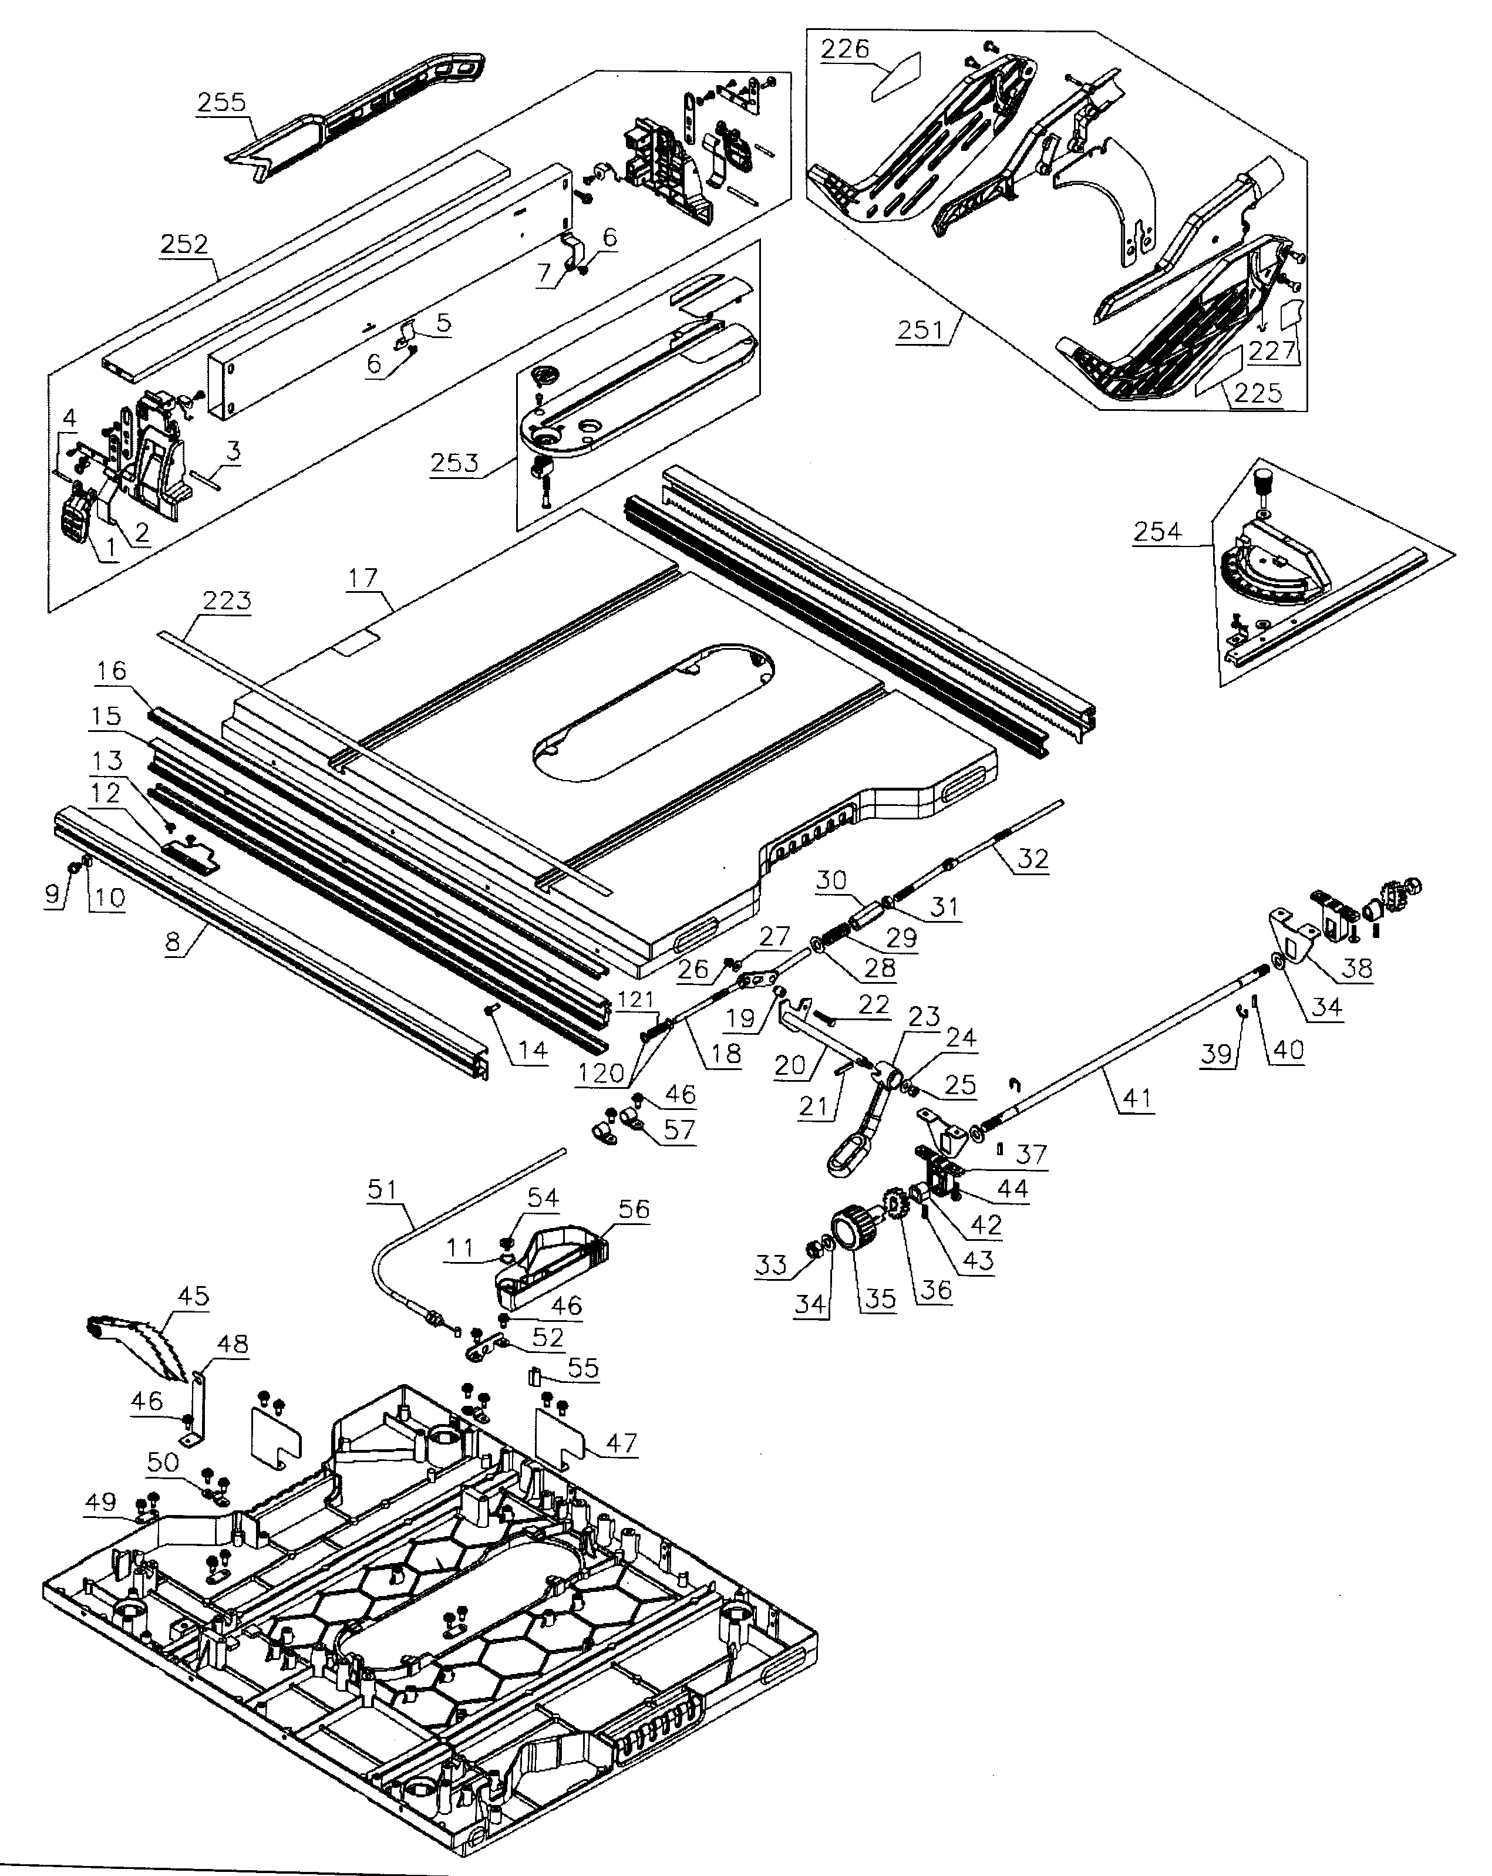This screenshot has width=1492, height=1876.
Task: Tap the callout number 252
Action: click(184, 245)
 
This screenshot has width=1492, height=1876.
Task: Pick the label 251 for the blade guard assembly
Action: click(920, 330)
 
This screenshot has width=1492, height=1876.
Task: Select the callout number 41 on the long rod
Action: click(1137, 1098)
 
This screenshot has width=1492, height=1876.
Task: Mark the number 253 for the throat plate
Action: click(454, 462)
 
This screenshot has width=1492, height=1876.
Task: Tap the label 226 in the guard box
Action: click(846, 49)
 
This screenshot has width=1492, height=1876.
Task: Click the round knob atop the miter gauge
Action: click(1261, 480)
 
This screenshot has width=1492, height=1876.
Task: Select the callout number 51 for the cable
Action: click(381, 1189)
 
